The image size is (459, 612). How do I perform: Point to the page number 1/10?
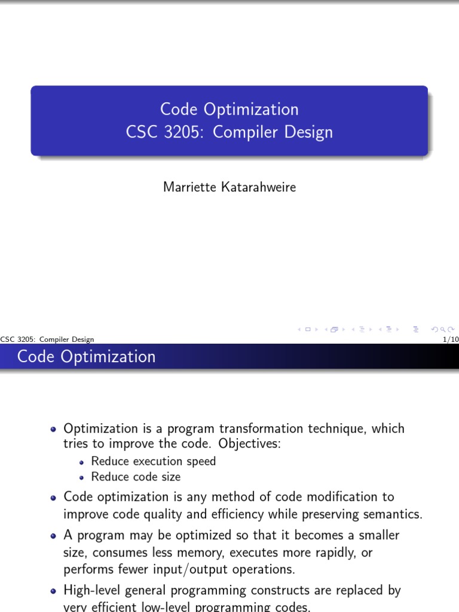point(449,339)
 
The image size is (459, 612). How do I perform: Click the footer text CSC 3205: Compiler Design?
point(47,339)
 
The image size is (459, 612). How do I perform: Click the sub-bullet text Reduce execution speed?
point(154,461)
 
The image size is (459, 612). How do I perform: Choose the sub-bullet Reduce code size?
point(136,477)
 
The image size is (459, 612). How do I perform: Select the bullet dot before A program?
point(54,536)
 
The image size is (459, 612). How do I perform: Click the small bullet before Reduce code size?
point(82,478)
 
